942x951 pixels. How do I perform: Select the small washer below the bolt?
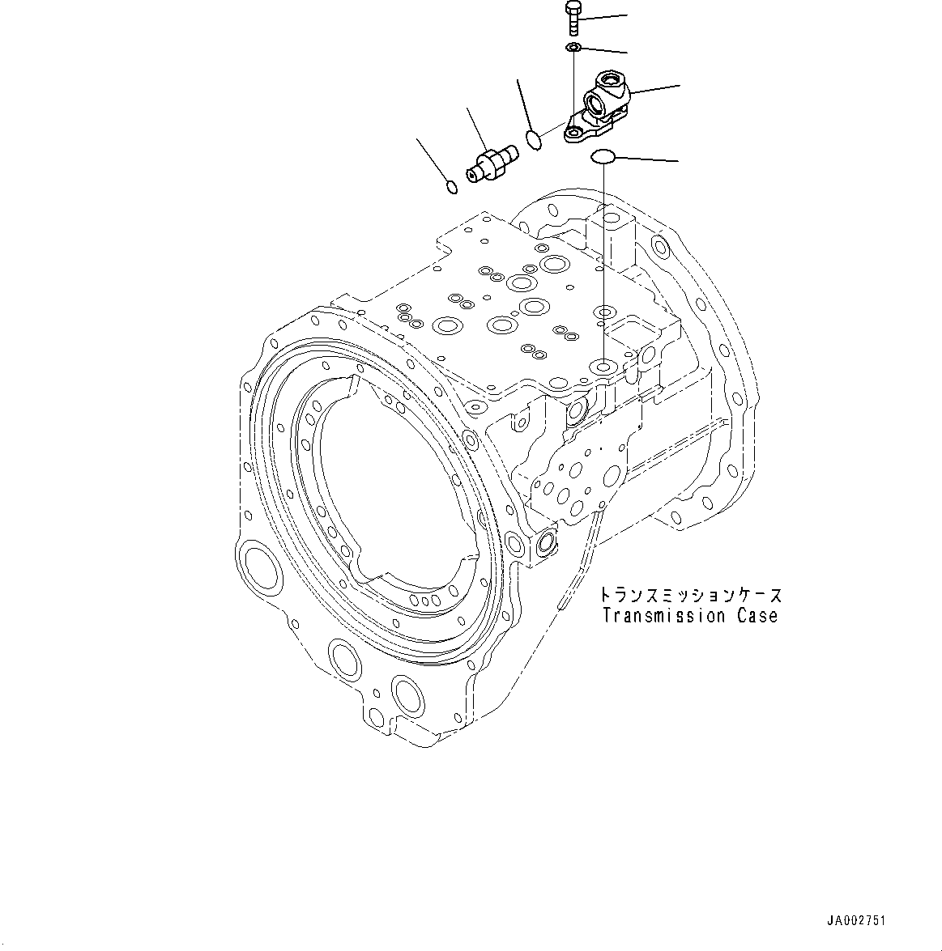pyautogui.click(x=573, y=49)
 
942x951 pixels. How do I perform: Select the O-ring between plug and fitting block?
pyautogui.click(x=532, y=139)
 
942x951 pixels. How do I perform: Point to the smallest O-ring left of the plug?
pyautogui.click(x=453, y=188)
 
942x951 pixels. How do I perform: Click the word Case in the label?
pyautogui.click(x=757, y=616)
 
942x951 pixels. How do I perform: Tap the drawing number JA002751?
pyautogui.click(x=856, y=921)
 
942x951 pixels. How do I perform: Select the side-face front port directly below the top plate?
pyautogui.click(x=577, y=410)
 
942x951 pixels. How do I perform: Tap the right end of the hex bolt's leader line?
pyautogui.click(x=627, y=15)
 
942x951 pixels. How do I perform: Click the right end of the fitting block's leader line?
pyautogui.click(x=679, y=85)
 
